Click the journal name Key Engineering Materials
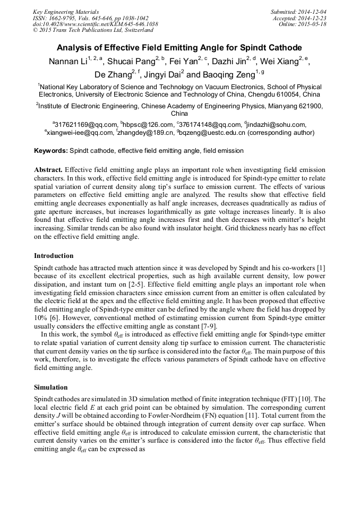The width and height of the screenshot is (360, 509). tap(65, 11)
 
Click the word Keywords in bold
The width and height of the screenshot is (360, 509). tap(51, 151)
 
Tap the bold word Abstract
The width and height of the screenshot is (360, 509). tap(48, 170)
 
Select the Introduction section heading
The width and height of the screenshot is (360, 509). tap(54, 256)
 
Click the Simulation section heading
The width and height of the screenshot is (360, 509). tap(51, 387)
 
